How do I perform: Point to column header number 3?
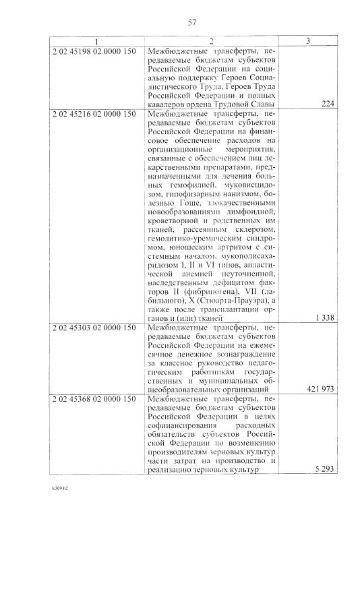point(307,42)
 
